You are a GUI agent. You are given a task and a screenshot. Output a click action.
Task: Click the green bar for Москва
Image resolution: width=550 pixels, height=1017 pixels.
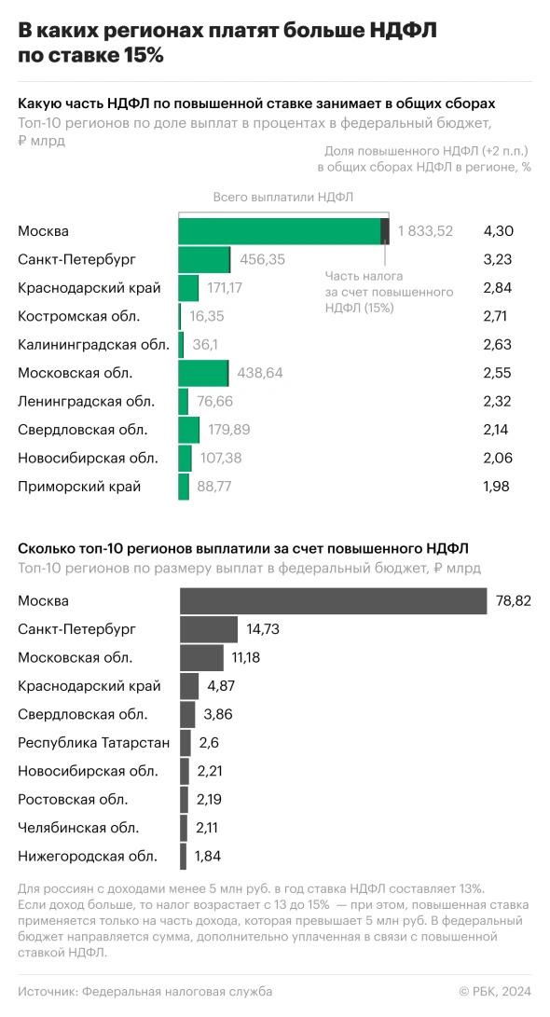click(x=280, y=231)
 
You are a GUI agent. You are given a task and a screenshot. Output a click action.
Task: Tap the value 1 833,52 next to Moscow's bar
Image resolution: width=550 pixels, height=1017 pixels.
click(x=425, y=231)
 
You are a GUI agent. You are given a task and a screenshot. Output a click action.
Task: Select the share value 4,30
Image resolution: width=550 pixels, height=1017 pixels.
click(x=499, y=231)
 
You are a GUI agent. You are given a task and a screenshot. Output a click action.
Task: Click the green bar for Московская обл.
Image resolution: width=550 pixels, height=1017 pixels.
click(x=203, y=373)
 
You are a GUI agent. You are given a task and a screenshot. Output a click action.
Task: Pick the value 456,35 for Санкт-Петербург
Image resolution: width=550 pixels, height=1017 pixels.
click(x=263, y=260)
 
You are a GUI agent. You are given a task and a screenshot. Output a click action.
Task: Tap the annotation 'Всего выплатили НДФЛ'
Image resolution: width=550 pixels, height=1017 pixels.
click(x=282, y=197)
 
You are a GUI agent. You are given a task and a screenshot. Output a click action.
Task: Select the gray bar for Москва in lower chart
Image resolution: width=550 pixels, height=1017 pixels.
click(x=333, y=601)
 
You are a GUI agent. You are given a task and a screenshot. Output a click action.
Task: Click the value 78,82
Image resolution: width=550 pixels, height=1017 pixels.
click(x=514, y=601)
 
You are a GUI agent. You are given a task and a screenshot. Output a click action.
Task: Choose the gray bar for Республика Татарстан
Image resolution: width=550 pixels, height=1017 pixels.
click(x=186, y=743)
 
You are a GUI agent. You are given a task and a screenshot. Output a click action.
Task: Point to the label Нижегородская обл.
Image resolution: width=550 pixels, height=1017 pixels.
click(x=88, y=856)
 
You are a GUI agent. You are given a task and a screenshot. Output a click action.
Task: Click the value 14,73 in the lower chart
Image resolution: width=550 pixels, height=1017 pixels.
click(x=263, y=629)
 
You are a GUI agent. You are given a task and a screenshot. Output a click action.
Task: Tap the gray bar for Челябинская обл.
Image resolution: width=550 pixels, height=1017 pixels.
click(x=185, y=828)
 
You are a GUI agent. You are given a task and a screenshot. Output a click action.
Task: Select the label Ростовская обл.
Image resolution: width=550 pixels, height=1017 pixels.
click(x=73, y=799)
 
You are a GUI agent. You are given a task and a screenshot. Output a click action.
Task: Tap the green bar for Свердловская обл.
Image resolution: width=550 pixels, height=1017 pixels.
click(x=189, y=430)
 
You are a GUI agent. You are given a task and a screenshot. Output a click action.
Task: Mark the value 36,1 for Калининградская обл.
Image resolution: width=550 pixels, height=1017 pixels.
click(x=204, y=345)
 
